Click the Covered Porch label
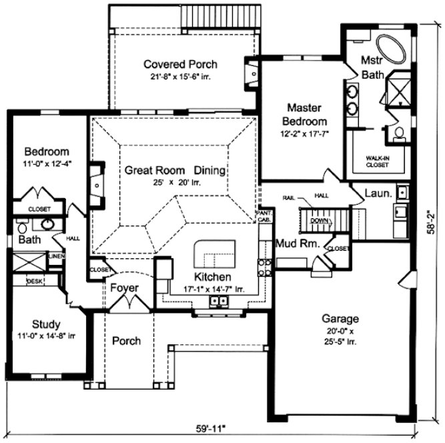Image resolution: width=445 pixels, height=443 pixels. coord(181,64)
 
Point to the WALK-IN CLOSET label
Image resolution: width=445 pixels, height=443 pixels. coord(376,161)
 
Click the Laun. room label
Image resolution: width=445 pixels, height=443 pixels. coord(378,193)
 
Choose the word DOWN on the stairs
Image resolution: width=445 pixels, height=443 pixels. coord(321,219)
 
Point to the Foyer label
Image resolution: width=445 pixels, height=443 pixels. coord(125,288)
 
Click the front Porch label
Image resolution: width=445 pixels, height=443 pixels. coord(126,340)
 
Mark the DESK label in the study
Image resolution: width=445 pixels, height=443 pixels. coord(34,282)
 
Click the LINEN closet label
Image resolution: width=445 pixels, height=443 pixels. coord(57,256)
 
